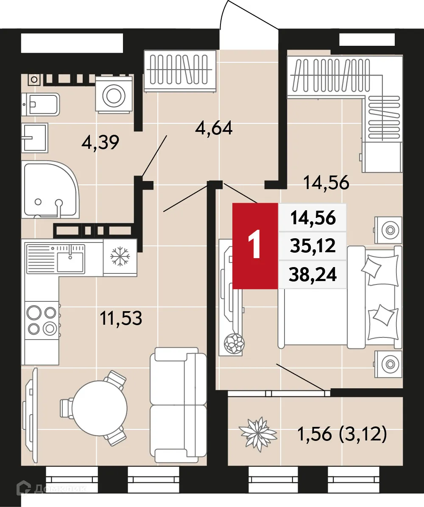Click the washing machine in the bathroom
coord(113,95)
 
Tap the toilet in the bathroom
coord(42,104)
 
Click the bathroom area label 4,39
coord(100,143)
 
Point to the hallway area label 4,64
coord(214,128)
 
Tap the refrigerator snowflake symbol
coord(120,257)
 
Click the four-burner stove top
coord(42,320)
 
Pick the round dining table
coord(100,407)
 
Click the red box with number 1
coord(255,246)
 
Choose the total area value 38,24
coord(313,276)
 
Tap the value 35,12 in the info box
coord(313,246)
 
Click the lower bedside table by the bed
coord(388,363)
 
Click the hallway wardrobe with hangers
coord(180,70)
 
